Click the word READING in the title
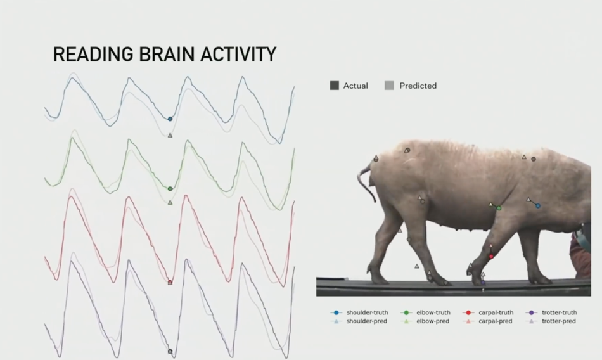click(94, 54)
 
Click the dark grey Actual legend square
click(335, 86)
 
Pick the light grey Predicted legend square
click(389, 86)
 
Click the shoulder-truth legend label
click(367, 312)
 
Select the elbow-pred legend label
click(433, 321)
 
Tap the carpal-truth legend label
click(496, 312)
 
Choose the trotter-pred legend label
click(559, 321)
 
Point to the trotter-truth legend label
click(559, 312)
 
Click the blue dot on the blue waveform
click(170, 119)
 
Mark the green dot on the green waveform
click(170, 189)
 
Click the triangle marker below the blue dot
click(170, 135)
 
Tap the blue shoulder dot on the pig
click(538, 206)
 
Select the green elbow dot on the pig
click(499, 209)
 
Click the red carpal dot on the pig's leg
click(491, 256)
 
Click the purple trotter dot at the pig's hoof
click(483, 283)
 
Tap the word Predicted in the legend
click(418, 86)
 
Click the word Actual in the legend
click(355, 86)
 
